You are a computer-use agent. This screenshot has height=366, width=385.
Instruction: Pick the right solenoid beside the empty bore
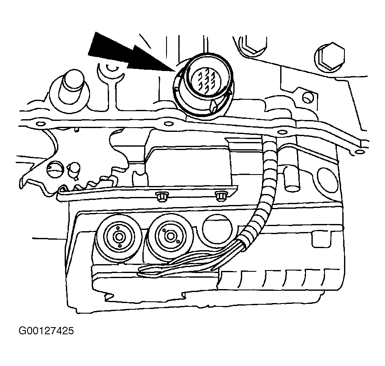pos(169,236)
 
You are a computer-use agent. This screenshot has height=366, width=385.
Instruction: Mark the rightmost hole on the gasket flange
pos(359,152)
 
